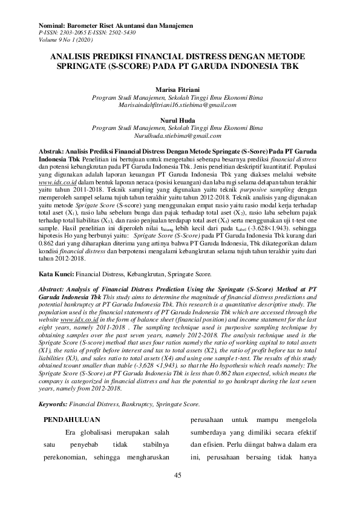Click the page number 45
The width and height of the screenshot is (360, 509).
coord(177,475)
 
